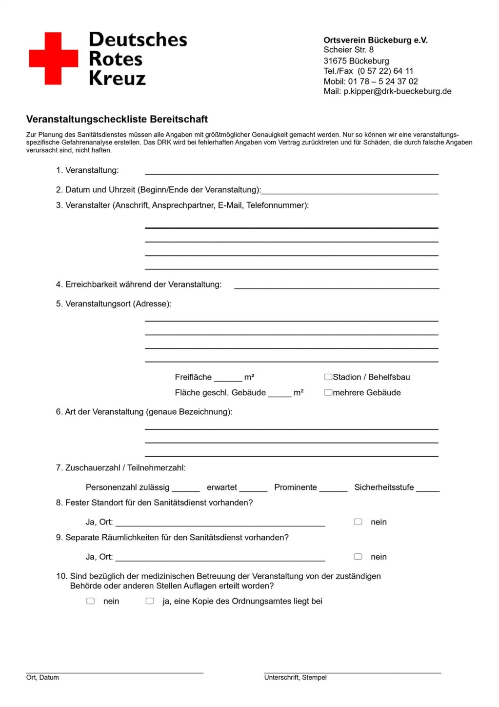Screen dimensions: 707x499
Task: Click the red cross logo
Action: (x=54, y=59)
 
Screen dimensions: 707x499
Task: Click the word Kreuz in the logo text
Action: (x=117, y=79)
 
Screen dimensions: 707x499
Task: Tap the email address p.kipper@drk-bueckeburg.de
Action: (x=398, y=91)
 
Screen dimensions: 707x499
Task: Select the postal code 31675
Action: (x=335, y=61)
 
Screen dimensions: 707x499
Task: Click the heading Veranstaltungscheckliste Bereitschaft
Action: (x=117, y=120)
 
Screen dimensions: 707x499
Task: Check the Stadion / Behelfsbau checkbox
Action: (x=328, y=377)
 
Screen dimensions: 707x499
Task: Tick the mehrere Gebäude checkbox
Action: (x=328, y=392)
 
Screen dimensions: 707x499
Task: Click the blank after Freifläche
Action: (x=228, y=379)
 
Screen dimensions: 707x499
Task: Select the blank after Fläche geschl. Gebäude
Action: (x=279, y=394)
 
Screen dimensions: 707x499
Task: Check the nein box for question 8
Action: (x=358, y=522)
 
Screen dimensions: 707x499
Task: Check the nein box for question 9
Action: (x=358, y=557)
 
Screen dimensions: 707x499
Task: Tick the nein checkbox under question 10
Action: (x=91, y=601)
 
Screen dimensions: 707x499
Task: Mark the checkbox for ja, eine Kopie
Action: (x=150, y=601)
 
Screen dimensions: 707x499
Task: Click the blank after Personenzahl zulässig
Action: (x=186, y=489)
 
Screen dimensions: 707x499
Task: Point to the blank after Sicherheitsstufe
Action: (x=428, y=489)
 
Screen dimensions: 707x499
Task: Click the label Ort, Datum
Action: (x=42, y=677)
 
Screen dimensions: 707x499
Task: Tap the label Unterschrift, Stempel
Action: (x=295, y=677)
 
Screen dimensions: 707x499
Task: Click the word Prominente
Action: (x=296, y=487)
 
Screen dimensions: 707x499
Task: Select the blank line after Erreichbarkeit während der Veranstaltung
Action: (x=337, y=286)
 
